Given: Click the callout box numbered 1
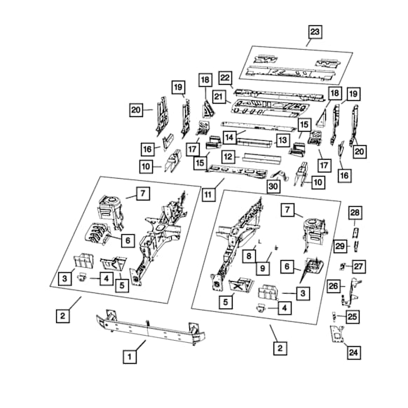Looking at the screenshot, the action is coord(130,357).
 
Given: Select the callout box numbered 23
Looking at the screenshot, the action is coord(315,32).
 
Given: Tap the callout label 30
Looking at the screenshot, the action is coord(273,186).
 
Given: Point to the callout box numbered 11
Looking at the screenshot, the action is coord(208,194).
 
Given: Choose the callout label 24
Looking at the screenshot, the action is coord(353,353).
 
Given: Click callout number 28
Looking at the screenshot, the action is coord(355,213).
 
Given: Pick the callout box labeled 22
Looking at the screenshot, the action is coord(225,78).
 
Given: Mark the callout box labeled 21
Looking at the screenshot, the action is coord(219,97).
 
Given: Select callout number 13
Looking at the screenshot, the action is coord(283,140).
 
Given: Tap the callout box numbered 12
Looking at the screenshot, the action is coord(229,156).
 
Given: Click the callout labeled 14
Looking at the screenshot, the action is coord(229,137).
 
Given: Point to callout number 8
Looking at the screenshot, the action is coord(249,256).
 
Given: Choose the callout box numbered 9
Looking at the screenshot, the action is coord(263,268).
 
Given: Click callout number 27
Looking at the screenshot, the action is coord(358,266).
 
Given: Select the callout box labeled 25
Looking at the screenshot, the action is coord(353,317).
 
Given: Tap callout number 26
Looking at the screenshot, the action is coord(334,286).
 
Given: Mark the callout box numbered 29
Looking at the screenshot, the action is coord(340,246).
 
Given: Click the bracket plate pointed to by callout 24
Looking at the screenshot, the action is coord(337,334).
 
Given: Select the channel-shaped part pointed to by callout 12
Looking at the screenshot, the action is coord(261,158).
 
